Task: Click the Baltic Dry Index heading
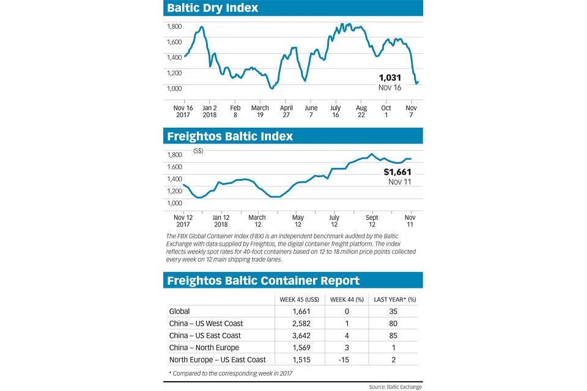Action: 213,8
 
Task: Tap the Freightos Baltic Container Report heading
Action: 264,280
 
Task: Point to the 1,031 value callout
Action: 389,78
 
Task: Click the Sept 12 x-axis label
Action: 372,221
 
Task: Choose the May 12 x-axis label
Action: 298,221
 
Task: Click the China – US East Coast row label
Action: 205,335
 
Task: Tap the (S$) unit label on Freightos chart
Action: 198,151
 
